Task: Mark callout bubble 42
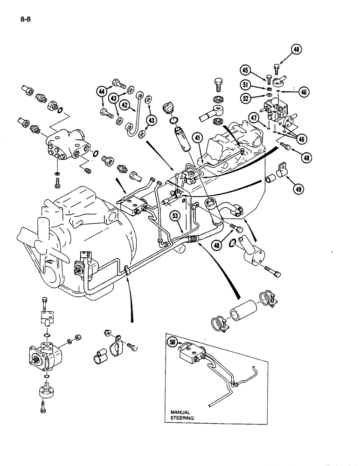[x=124, y=105]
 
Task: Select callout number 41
[x=198, y=138]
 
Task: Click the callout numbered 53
[x=175, y=216]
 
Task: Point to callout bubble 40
[x=217, y=244]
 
